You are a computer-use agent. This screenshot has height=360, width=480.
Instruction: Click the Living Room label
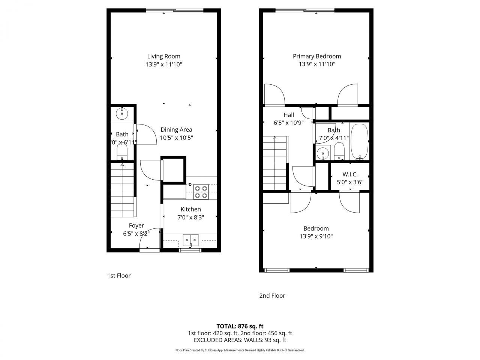163,56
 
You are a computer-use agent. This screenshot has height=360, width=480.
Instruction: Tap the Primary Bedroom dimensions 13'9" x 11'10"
317,64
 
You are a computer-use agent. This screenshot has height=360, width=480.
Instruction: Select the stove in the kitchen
201,192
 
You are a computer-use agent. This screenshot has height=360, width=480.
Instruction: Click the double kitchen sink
190,239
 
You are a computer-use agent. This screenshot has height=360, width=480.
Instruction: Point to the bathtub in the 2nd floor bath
360,142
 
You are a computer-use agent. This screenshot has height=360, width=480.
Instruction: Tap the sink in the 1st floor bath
122,113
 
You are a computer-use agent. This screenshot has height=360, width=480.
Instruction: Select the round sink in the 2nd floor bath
322,153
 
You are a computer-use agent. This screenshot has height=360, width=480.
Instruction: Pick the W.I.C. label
350,174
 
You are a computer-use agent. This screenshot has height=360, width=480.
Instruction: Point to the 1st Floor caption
119,276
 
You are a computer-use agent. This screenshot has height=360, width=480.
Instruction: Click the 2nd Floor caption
272,295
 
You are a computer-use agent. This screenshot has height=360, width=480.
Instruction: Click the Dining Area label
176,130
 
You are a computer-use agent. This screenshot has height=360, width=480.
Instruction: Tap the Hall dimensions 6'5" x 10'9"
289,123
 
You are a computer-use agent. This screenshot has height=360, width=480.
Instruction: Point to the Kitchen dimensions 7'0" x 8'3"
190,217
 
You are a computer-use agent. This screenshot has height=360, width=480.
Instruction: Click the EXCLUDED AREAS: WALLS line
240,340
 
